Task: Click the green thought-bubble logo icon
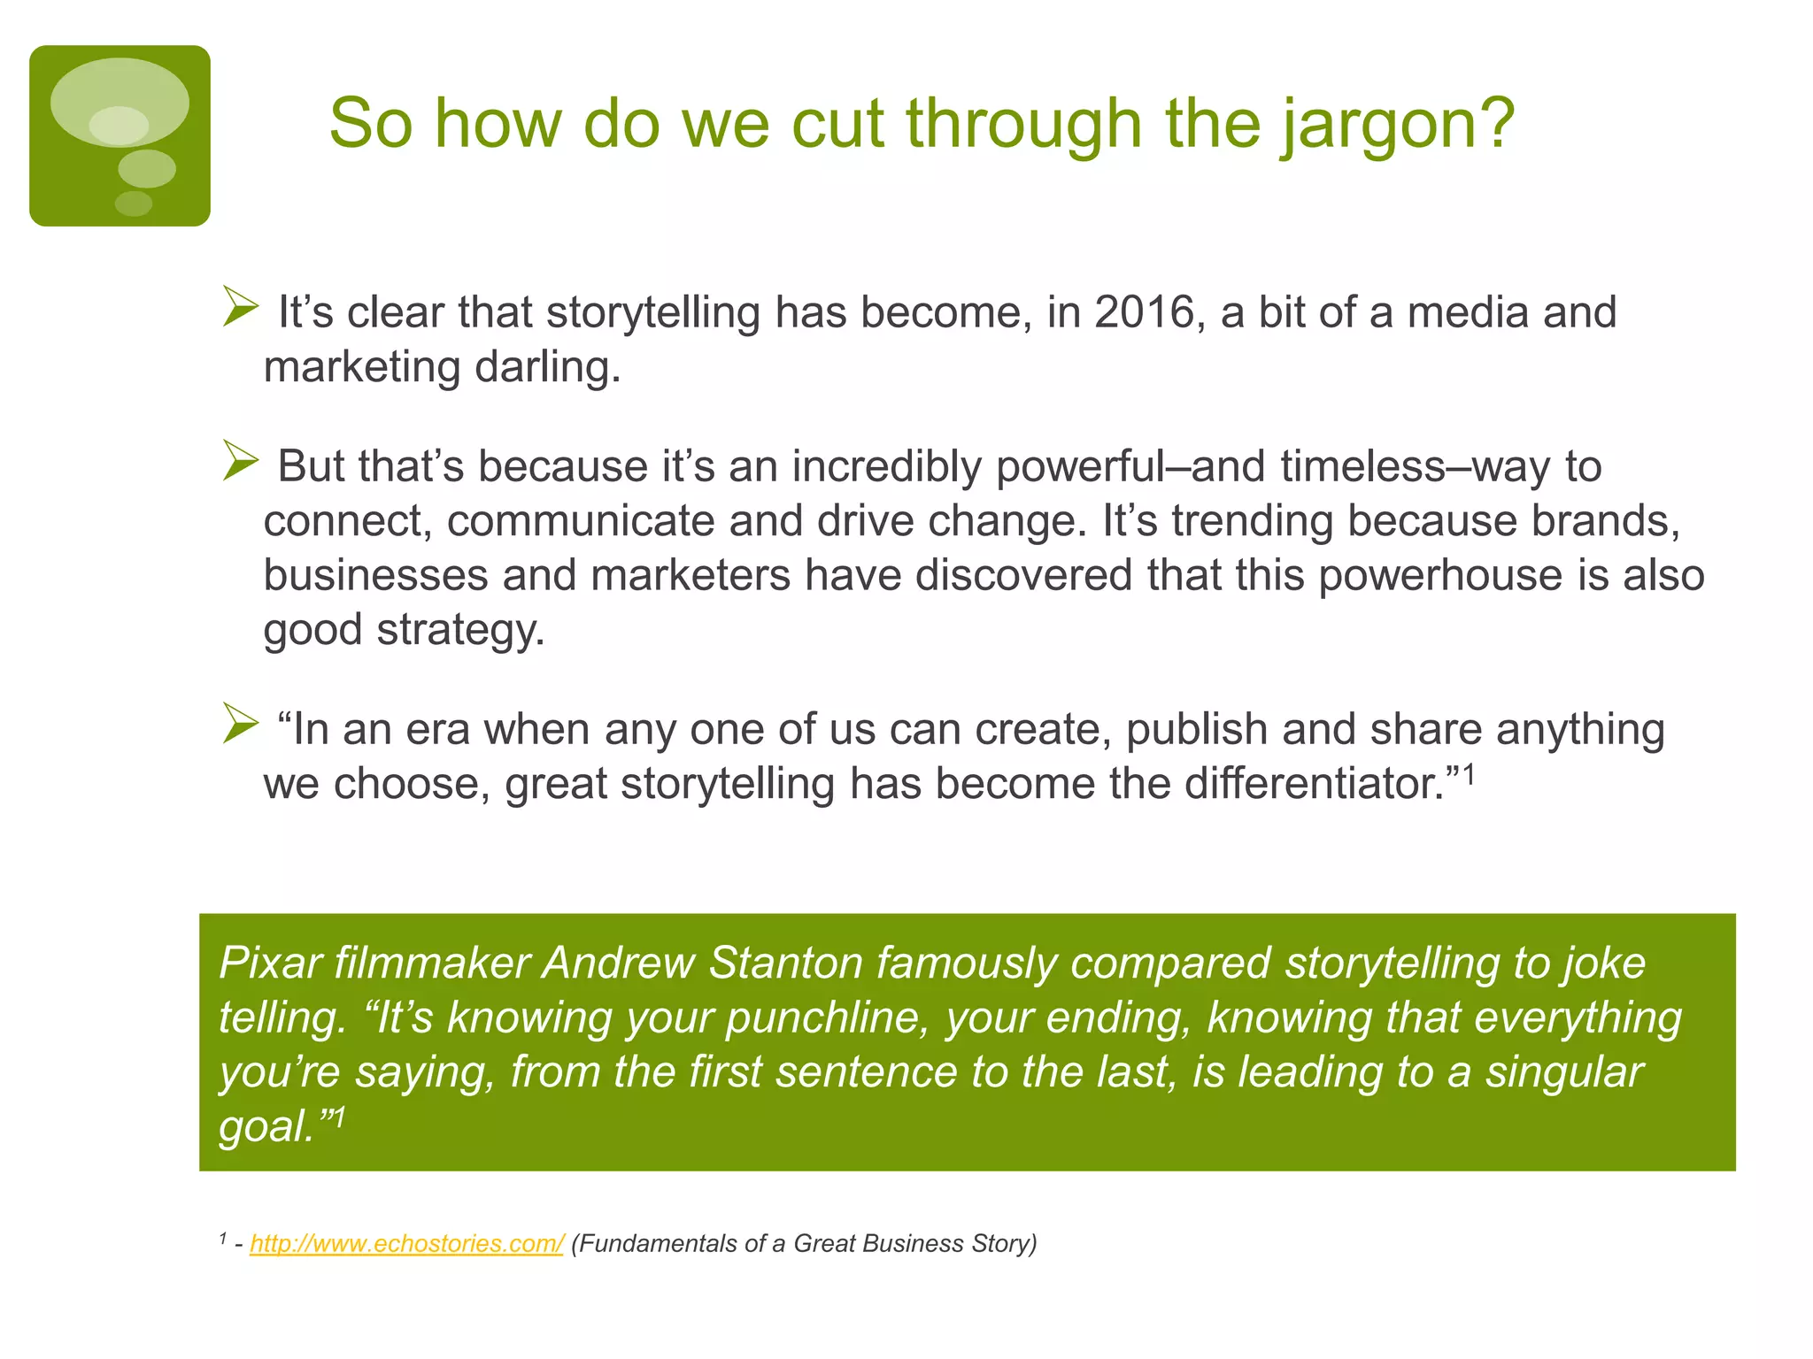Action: pos(120,135)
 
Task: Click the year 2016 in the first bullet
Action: pos(1144,312)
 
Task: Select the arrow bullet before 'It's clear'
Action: pos(240,307)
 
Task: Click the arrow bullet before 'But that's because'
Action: pos(240,461)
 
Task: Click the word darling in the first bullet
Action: pos(546,367)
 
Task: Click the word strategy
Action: pos(460,630)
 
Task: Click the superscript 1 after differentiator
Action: pos(1469,774)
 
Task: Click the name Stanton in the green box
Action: pos(785,963)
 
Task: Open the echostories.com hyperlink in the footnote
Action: pos(406,1243)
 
